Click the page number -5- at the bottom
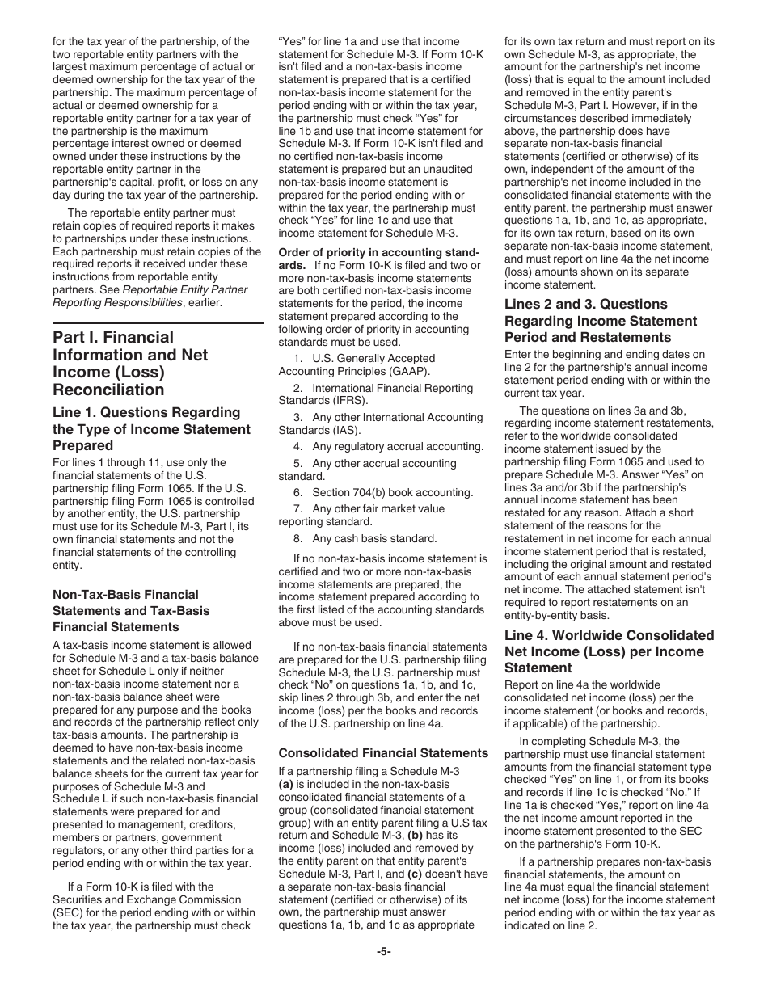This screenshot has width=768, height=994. pyautogui.click(x=384, y=952)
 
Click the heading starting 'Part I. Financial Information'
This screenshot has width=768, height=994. pyautogui.click(x=130, y=355)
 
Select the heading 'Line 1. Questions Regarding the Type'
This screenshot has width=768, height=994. pyautogui.click(x=151, y=429)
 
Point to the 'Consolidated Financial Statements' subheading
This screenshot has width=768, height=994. pyautogui.click(x=383, y=753)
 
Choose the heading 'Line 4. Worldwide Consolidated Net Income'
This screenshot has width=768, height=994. pyautogui.click(x=609, y=651)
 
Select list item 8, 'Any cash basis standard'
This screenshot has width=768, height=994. pyautogui.click(x=365, y=538)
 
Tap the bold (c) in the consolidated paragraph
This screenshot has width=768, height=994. pyautogui.click(x=413, y=874)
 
